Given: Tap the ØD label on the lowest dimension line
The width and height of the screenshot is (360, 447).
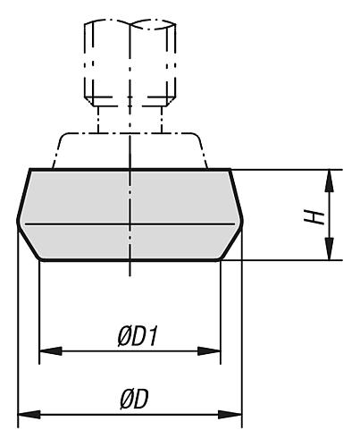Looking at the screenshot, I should click(x=134, y=400).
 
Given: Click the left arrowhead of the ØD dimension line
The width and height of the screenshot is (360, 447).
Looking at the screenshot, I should click(x=28, y=415).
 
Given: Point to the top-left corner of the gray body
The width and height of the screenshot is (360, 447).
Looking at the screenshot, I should click(x=30, y=169).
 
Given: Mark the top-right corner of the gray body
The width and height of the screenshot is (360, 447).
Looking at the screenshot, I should click(x=230, y=169).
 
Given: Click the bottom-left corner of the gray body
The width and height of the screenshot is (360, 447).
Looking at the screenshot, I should click(x=40, y=259).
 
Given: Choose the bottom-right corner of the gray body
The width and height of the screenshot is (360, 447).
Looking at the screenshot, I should click(x=221, y=259).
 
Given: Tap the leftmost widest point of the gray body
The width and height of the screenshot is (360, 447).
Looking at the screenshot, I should click(x=19, y=222).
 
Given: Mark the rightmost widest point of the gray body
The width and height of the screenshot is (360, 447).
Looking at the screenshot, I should click(x=242, y=222).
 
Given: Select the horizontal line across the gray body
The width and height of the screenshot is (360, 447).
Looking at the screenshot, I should click(x=179, y=222).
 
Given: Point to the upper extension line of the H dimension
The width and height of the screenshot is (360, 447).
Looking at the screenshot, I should click(x=286, y=169).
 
